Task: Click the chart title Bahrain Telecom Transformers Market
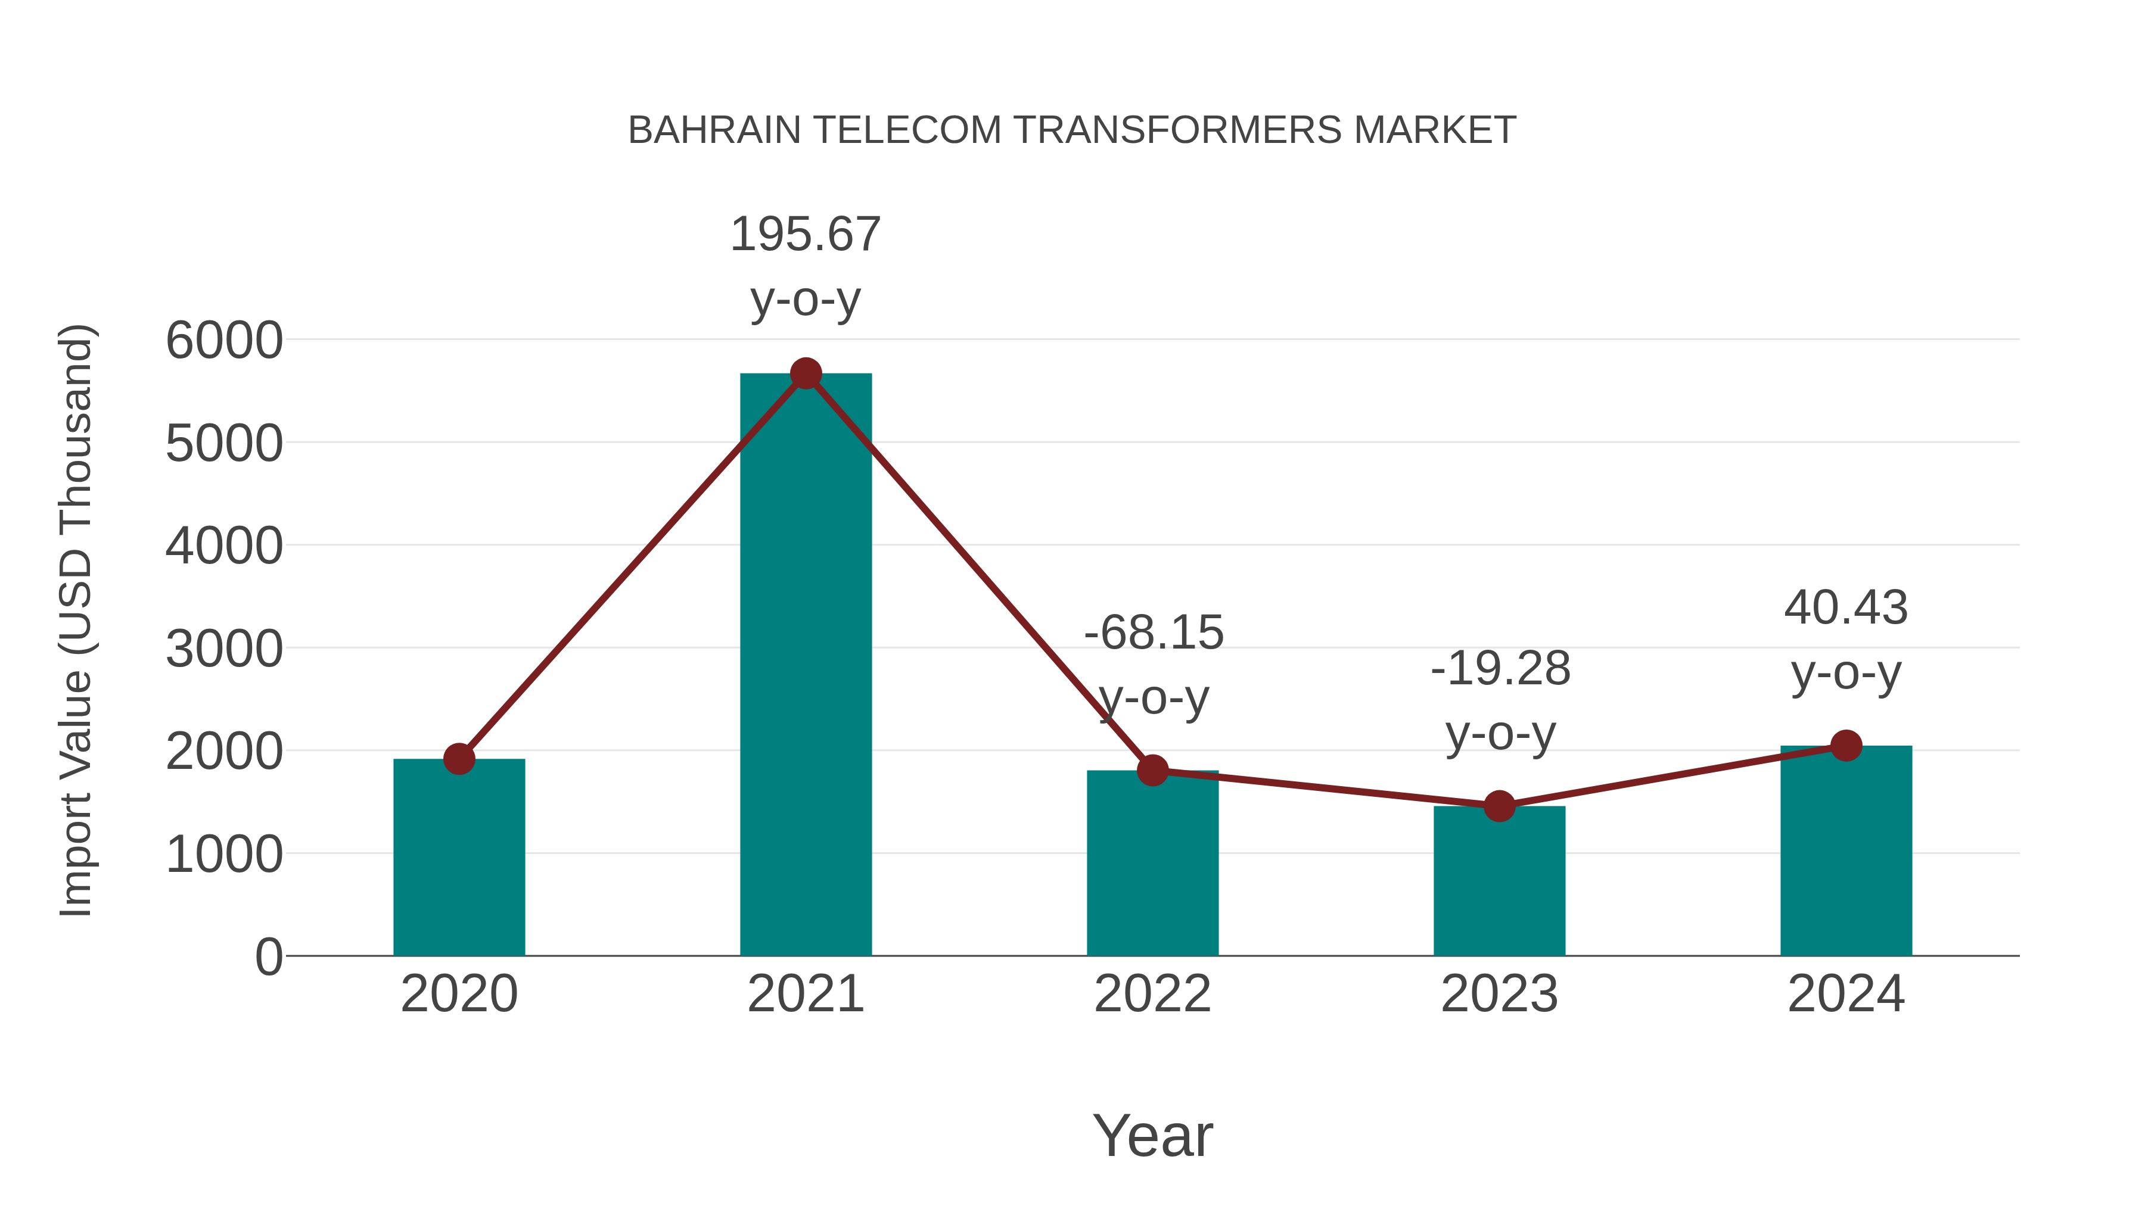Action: [1072, 130]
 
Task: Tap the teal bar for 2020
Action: [459, 857]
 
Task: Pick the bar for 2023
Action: [1499, 882]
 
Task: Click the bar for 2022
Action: [1152, 865]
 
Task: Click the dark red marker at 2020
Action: [459, 758]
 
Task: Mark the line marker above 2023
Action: [1499, 806]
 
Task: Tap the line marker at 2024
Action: [1846, 746]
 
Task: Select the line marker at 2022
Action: [1152, 771]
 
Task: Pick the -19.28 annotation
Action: [1500, 669]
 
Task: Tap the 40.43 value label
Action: [1846, 607]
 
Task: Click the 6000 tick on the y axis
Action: [224, 341]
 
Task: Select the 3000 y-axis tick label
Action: [224, 649]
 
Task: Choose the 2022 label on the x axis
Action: [1152, 994]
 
